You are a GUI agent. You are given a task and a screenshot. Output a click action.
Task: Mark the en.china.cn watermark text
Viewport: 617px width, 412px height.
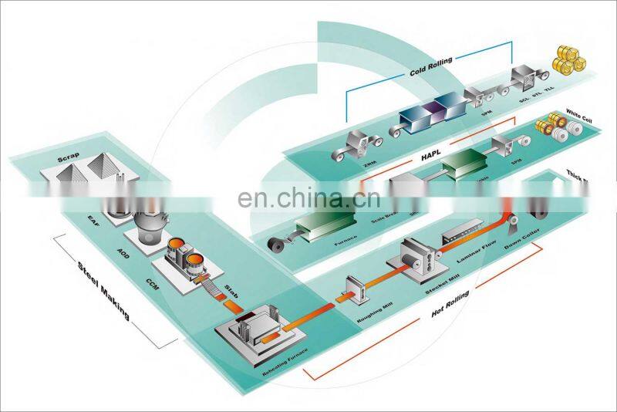point(309,201)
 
